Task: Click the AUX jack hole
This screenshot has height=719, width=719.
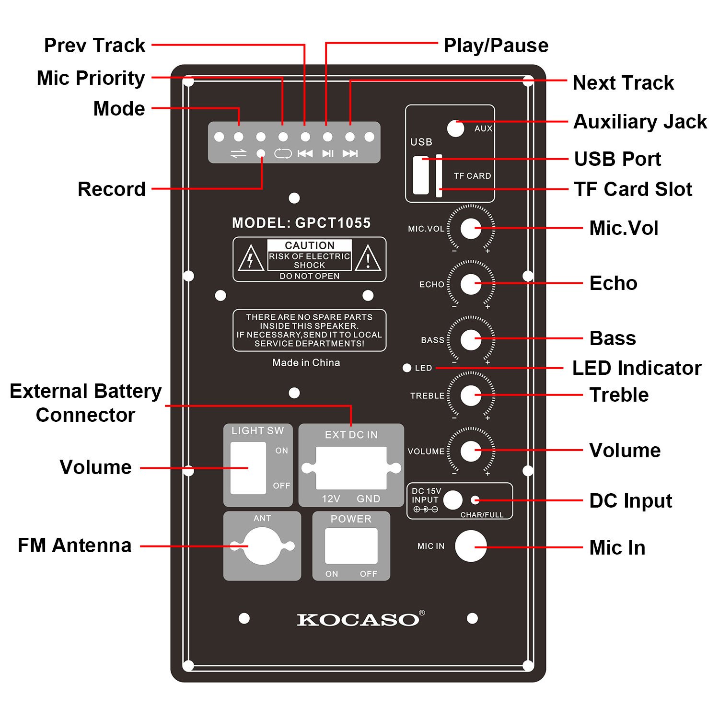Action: pyautogui.click(x=455, y=128)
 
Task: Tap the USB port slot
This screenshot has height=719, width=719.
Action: pyautogui.click(x=420, y=175)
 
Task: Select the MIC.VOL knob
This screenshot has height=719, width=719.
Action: pyautogui.click(x=471, y=229)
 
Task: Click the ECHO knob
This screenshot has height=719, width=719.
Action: pyautogui.click(x=471, y=284)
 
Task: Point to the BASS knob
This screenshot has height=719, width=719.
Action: pyautogui.click(x=471, y=340)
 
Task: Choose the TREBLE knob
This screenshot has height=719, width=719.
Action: pyautogui.click(x=471, y=395)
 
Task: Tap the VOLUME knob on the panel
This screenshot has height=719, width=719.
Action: pyautogui.click(x=471, y=451)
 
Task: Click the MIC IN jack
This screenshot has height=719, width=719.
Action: pyautogui.click(x=470, y=546)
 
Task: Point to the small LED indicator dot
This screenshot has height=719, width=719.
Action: pyautogui.click(x=407, y=368)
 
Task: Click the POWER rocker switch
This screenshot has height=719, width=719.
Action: pyautogui.click(x=351, y=546)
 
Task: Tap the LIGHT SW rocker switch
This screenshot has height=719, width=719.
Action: pyautogui.click(x=248, y=468)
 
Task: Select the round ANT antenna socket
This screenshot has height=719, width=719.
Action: pyautogui.click(x=262, y=546)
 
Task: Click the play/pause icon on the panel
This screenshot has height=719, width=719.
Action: pyautogui.click(x=328, y=153)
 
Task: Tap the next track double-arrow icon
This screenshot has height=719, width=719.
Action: pyautogui.click(x=350, y=153)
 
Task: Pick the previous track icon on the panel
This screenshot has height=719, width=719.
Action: pyautogui.click(x=305, y=153)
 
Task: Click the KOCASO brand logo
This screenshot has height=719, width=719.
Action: pyautogui.click(x=358, y=619)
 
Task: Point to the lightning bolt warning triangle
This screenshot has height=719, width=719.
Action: pyautogui.click(x=251, y=259)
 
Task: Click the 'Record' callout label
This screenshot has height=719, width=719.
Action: pyautogui.click(x=111, y=189)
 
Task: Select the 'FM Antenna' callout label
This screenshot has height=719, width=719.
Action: pyautogui.click(x=74, y=545)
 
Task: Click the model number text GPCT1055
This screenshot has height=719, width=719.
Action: pyautogui.click(x=333, y=223)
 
